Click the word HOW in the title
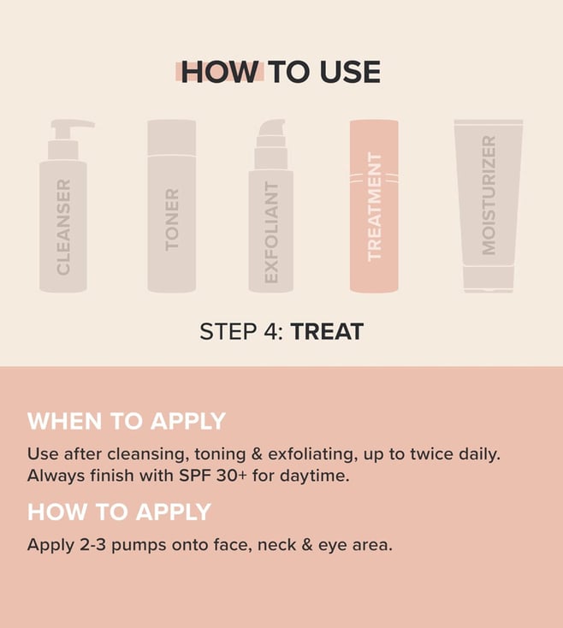219,72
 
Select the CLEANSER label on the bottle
63,227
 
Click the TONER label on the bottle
172,220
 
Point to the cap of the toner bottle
172,137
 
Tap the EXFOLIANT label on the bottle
271,233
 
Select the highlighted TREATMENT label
374,207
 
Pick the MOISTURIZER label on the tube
489,195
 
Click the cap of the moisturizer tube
489,279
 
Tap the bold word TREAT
327,332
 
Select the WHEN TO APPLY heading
127,421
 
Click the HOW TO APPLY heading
119,512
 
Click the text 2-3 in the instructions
93,545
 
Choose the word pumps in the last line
139,547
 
